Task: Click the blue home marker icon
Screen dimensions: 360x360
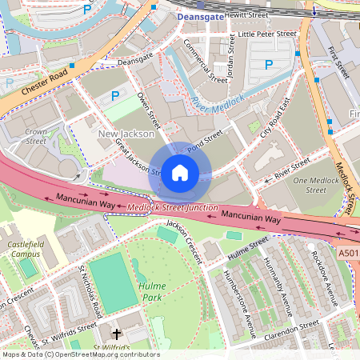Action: [180, 173]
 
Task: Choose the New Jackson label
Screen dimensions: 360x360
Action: [126, 134]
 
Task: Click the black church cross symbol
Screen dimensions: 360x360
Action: [117, 334]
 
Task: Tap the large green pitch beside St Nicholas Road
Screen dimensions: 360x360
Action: [113, 285]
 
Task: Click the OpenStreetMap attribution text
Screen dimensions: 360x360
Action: [80, 354]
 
